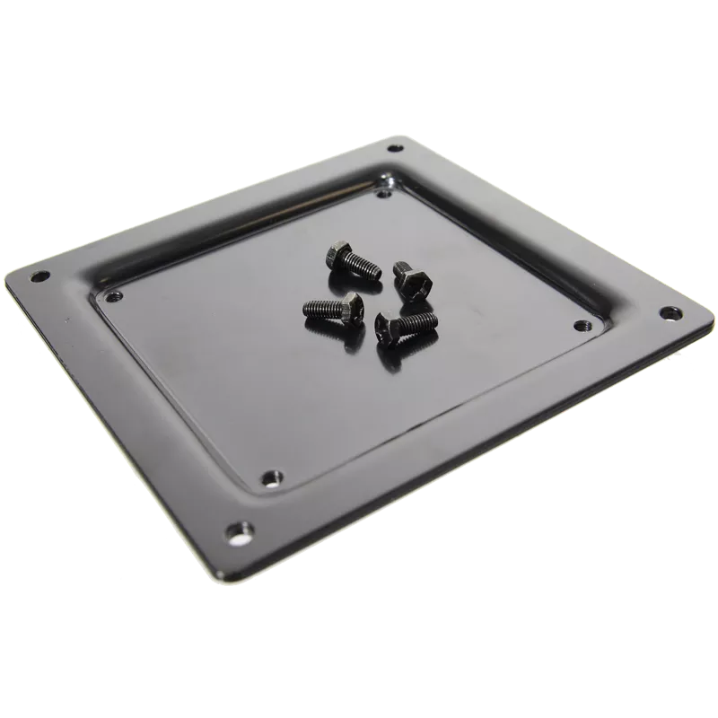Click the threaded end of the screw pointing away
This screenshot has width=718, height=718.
(400, 267)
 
